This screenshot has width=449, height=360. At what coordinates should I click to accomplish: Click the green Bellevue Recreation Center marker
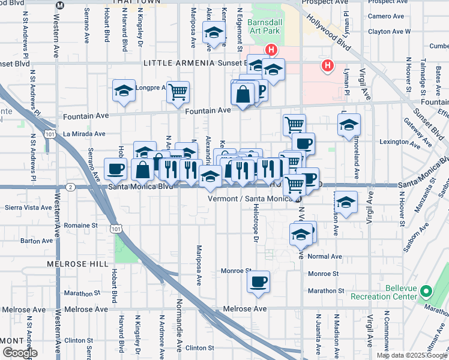click(426, 292)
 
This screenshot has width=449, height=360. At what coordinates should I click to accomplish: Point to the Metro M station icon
click(59, 5)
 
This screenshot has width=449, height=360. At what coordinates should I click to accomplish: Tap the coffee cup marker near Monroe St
click(259, 281)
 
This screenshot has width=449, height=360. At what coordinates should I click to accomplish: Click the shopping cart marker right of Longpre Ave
click(178, 92)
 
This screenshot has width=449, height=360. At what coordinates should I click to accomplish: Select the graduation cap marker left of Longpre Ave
click(124, 91)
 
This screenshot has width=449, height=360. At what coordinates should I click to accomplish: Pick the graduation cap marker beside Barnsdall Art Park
click(213, 34)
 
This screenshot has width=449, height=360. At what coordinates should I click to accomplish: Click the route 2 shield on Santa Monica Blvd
click(71, 187)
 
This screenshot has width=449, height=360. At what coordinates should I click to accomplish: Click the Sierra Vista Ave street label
click(27, 207)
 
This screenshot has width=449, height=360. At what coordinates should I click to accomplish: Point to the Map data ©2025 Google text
click(412, 355)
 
